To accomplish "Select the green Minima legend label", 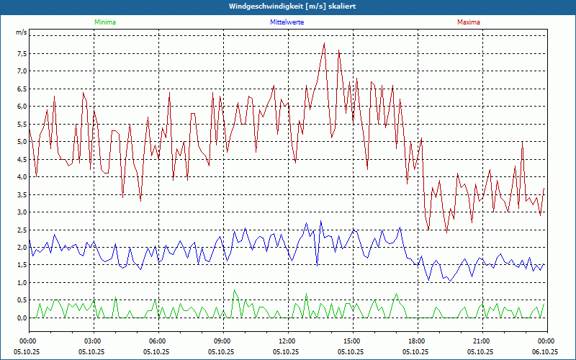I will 104,22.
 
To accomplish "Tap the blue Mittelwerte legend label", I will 287,22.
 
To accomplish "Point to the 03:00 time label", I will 93,341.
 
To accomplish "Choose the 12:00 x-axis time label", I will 287,341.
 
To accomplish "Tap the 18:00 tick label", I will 417,341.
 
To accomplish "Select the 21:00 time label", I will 482,341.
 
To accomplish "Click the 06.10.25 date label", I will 545,352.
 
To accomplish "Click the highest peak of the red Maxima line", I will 325,43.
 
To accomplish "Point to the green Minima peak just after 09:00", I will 234,291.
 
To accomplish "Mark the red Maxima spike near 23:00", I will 522,142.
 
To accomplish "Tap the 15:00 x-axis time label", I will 352,341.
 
